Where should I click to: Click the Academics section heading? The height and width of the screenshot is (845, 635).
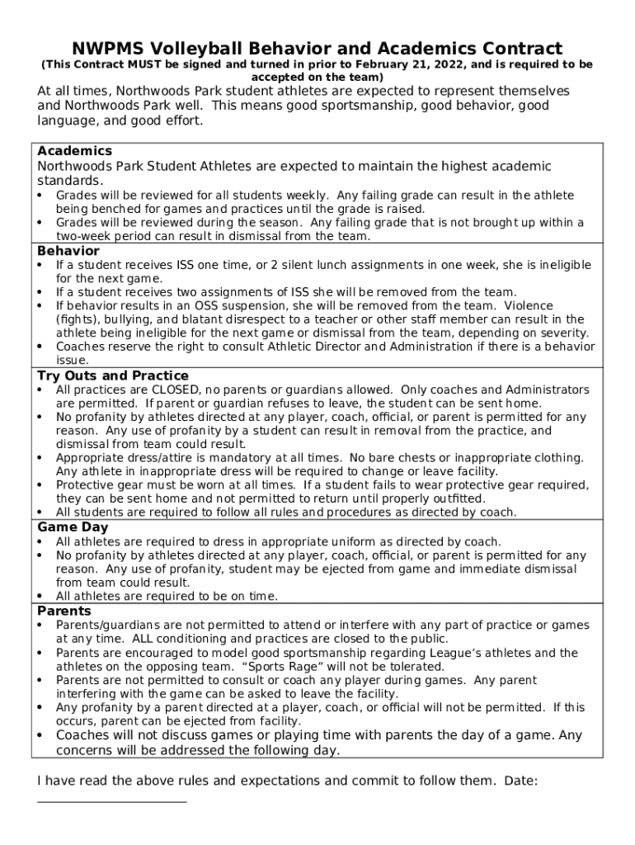point(75,151)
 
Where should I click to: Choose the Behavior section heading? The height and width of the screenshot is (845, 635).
point(68,251)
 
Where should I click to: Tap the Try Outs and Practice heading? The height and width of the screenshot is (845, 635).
point(113,376)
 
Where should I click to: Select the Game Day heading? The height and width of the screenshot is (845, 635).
point(73,527)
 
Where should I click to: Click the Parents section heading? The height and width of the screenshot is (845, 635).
point(64,611)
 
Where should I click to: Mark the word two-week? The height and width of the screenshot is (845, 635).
point(83,236)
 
